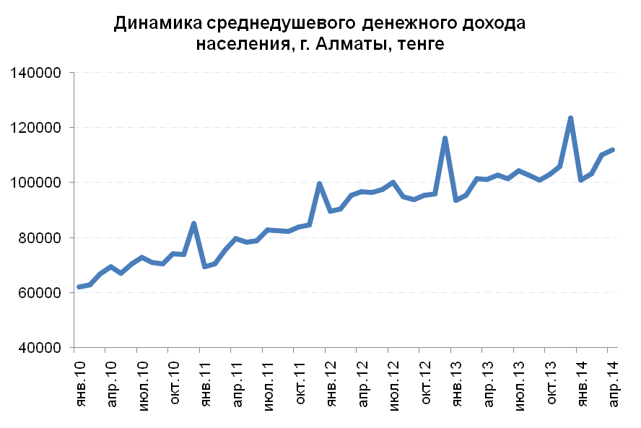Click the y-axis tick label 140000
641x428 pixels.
pos(36,73)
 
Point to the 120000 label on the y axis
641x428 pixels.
pos(36,128)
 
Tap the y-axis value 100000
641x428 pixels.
pos(36,183)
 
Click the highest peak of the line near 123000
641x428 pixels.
pos(570,118)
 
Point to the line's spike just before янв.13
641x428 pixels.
pos(445,138)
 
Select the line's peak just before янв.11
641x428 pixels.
pos(193,223)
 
